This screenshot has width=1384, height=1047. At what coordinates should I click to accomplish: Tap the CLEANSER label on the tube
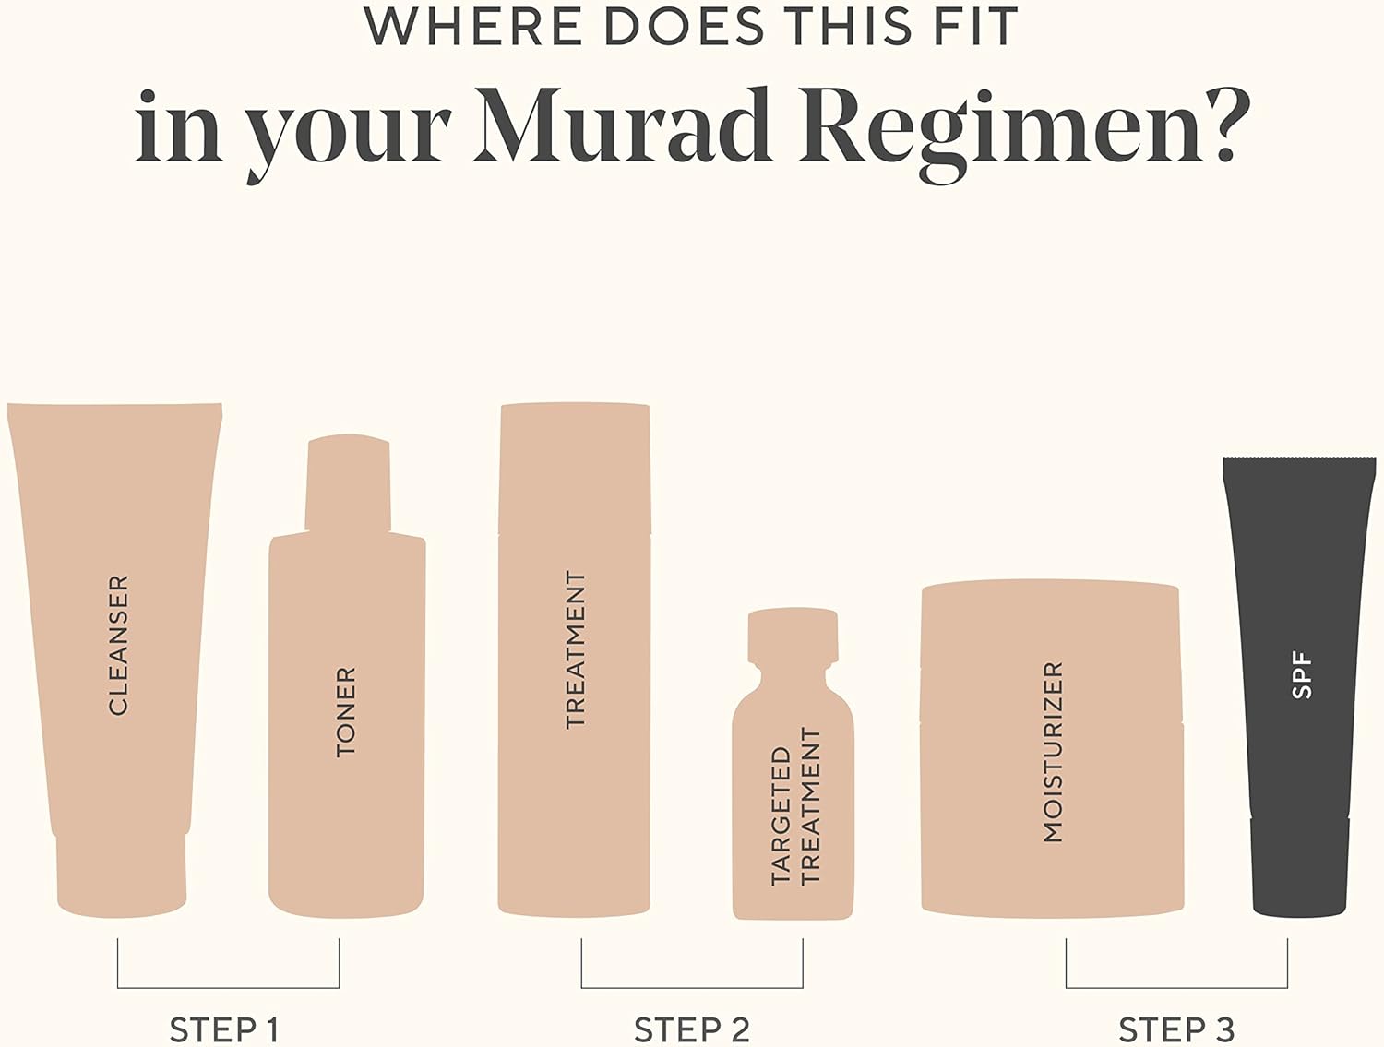[x=118, y=645]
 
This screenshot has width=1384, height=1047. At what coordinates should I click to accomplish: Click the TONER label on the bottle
[x=346, y=711]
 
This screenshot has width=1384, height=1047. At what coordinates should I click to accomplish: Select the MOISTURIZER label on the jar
[x=1053, y=752]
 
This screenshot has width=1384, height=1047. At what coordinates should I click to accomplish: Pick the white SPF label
[x=1302, y=676]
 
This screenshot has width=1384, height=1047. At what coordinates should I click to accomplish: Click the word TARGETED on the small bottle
[x=781, y=816]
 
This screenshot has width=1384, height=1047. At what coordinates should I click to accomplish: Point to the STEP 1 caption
[x=224, y=1030]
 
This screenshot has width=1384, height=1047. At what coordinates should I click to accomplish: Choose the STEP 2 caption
[x=692, y=1030]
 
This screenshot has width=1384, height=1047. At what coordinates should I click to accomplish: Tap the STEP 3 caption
[x=1176, y=1030]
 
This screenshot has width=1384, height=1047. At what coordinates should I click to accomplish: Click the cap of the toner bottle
[x=348, y=482]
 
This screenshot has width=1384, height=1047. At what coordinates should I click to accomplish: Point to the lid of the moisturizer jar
[x=1050, y=652]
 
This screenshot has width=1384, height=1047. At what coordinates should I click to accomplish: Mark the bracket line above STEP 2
[x=692, y=988]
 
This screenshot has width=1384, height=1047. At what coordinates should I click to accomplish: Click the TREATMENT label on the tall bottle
[x=576, y=650]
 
